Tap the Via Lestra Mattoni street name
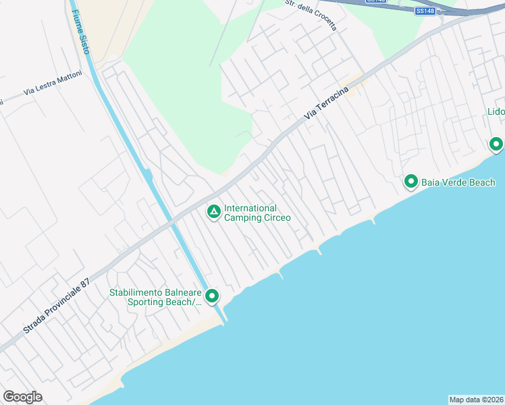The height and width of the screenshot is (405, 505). [53, 82]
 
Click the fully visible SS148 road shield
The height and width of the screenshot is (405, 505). [425, 11]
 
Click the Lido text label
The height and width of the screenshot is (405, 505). [496, 111]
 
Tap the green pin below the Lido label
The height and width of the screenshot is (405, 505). [496, 144]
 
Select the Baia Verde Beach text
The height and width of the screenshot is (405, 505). [458, 182]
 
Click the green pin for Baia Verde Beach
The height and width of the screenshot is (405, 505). [410, 181]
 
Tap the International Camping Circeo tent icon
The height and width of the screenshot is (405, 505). [213, 213]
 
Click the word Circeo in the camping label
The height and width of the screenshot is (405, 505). [275, 218]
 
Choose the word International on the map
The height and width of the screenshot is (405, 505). [250, 209]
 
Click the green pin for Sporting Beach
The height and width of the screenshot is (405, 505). [212, 296]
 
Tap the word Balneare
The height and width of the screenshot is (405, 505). [183, 292]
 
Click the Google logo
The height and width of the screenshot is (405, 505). [22, 397]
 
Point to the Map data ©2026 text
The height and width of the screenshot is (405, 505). [476, 400]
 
